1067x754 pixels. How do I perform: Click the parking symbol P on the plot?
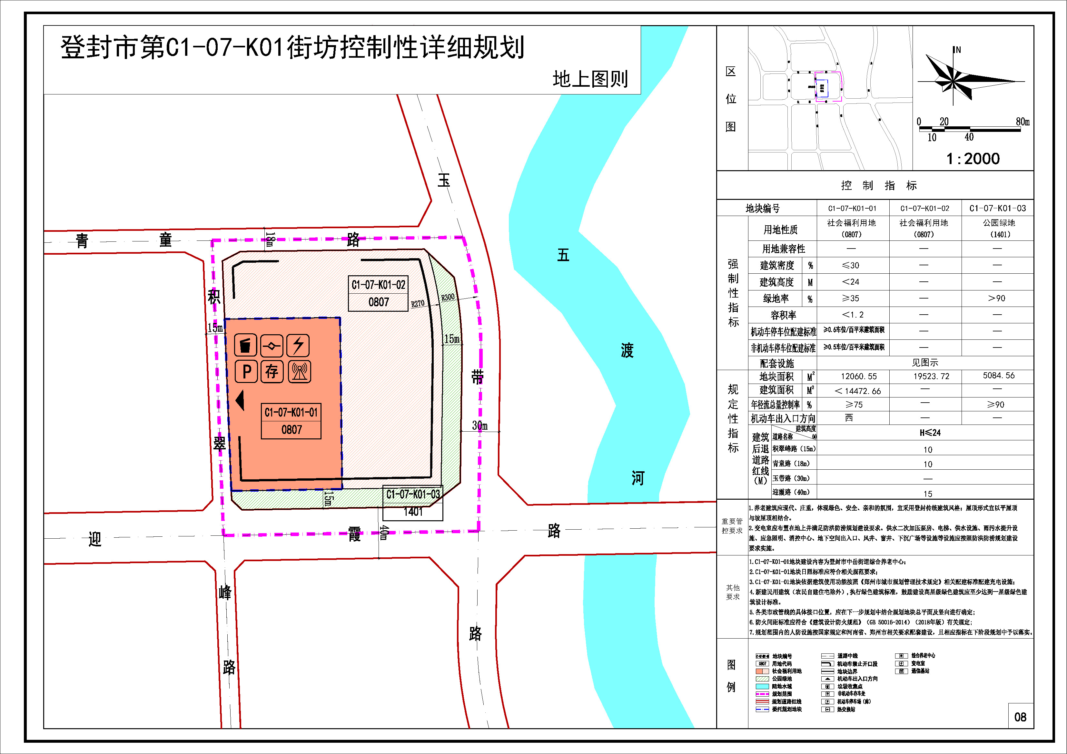tap(246, 372)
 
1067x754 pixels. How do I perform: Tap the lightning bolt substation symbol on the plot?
tap(298, 346)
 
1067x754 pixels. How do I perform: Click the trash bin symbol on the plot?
tap(246, 346)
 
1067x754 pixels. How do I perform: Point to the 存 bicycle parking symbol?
tap(272, 372)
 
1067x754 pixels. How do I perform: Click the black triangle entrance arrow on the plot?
tap(240, 400)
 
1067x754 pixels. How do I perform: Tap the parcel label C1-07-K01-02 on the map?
tap(378, 285)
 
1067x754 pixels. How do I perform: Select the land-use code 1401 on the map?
tap(413, 512)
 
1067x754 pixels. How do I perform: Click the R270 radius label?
tap(417, 304)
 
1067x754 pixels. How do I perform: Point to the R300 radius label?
tap(448, 297)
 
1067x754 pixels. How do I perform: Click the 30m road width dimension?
tap(479, 426)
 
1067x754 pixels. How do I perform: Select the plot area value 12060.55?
tap(852, 376)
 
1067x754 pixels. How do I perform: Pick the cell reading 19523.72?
tap(925, 376)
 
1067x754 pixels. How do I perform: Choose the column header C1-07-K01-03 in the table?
tap(997, 208)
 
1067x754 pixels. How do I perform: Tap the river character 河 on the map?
tap(638, 478)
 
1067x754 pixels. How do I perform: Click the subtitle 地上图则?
tap(590, 79)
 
